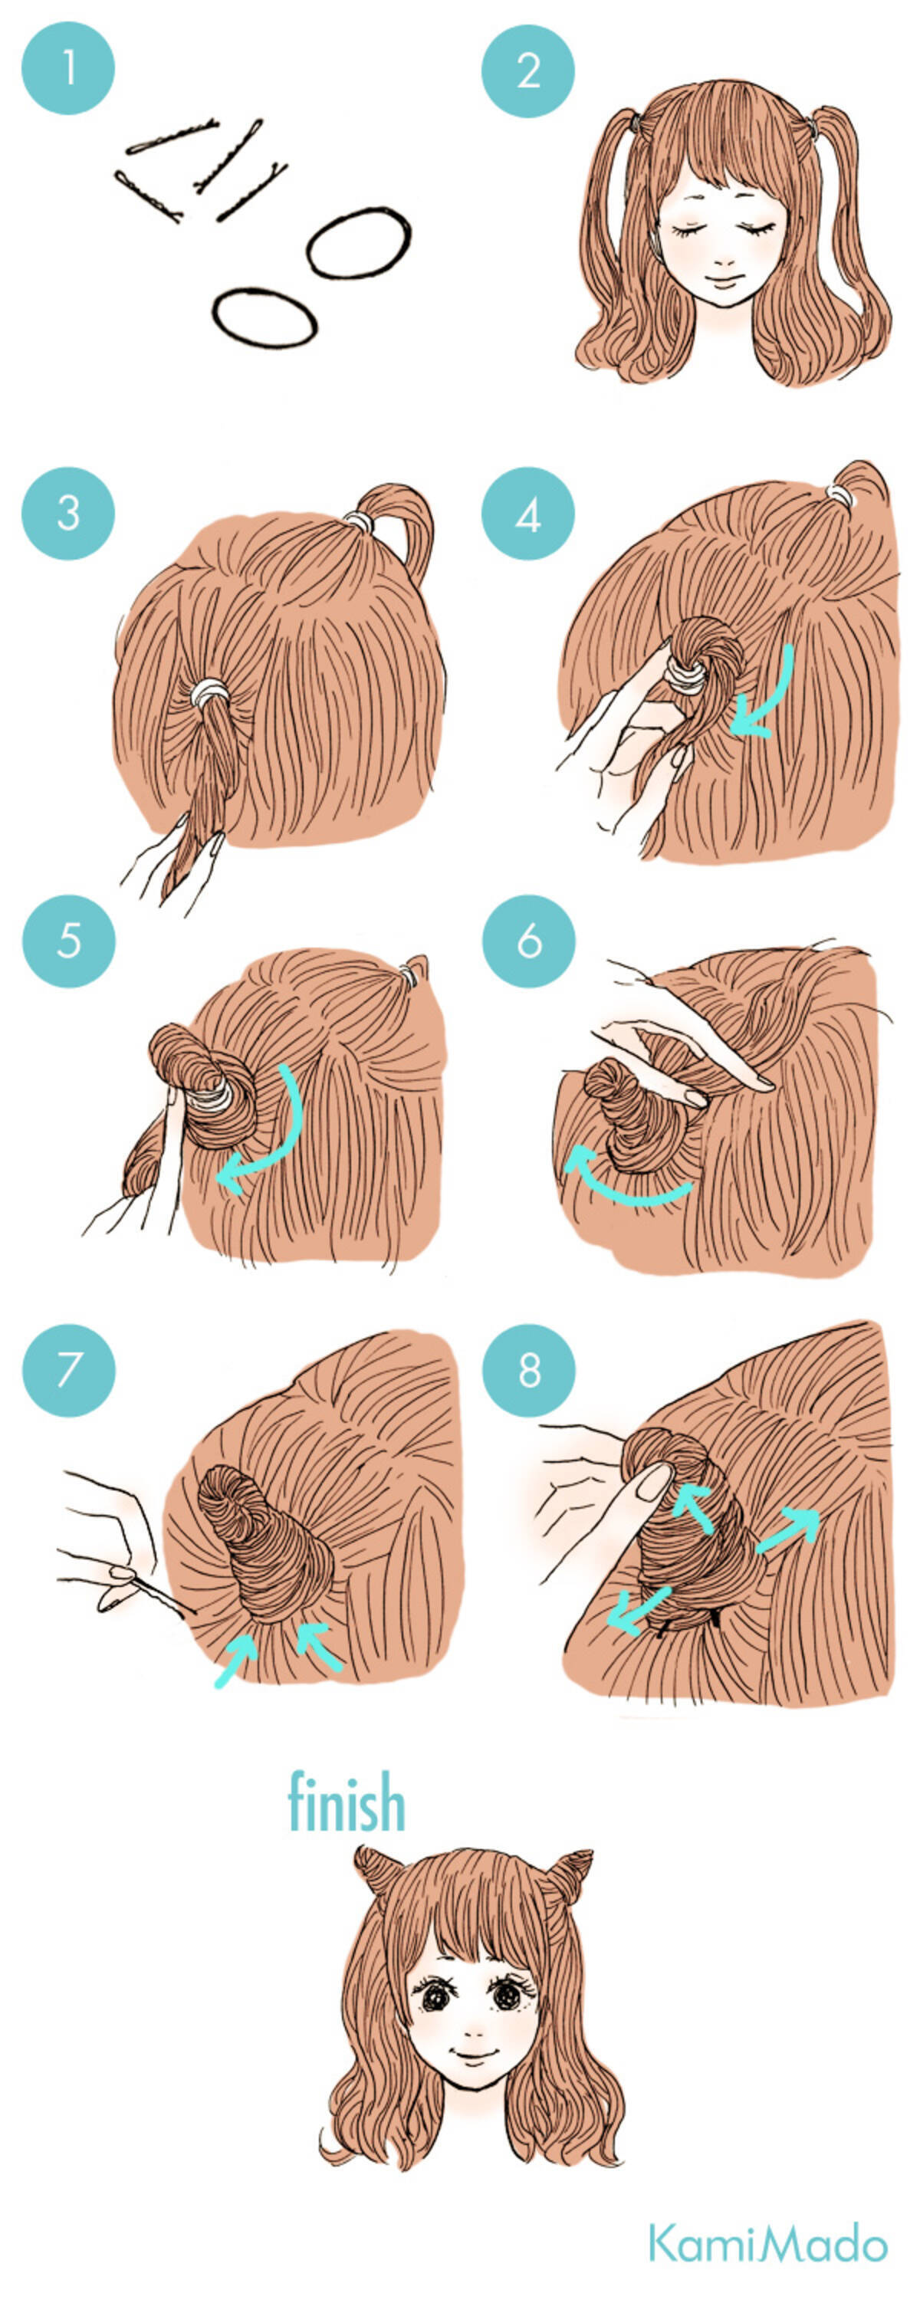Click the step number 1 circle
point(68,68)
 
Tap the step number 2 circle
point(527,71)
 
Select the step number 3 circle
point(68,513)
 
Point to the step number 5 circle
point(68,941)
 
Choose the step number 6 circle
point(528,941)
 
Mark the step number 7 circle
point(68,1370)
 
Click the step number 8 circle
point(528,1370)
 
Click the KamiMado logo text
point(768,2242)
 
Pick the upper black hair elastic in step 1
point(359,243)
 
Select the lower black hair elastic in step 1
point(264,317)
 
